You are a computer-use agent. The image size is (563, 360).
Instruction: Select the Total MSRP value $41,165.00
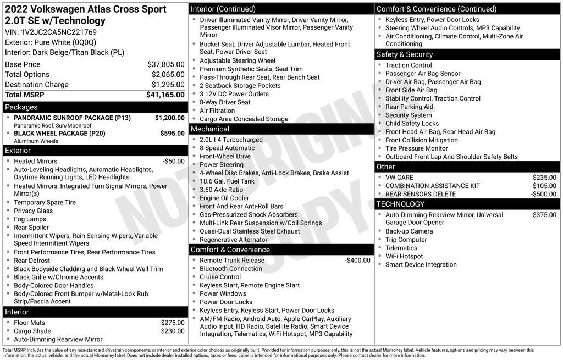tap(165, 95)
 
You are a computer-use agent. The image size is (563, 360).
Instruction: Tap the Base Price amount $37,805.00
tap(165, 64)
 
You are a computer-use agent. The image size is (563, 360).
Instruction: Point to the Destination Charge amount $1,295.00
tap(168, 85)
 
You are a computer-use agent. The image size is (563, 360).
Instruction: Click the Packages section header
tap(21, 107)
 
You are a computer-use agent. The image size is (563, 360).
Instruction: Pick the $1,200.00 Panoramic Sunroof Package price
tap(169, 118)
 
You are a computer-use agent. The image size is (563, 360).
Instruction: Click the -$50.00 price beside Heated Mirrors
tap(174, 162)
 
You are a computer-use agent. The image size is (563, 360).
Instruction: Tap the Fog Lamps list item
tap(30, 219)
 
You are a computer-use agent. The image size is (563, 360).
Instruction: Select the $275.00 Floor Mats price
tap(173, 323)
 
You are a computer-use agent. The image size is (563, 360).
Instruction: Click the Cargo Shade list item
tap(32, 331)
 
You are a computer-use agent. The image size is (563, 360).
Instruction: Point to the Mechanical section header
tap(209, 129)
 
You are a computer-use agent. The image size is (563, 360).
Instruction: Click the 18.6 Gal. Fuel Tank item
tap(227, 181)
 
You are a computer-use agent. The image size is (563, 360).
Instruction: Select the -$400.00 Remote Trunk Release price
tap(357, 261)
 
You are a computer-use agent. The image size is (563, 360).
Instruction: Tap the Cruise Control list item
tap(220, 277)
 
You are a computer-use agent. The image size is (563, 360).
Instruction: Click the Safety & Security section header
tap(405, 54)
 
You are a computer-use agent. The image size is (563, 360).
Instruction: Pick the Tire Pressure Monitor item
tap(416, 148)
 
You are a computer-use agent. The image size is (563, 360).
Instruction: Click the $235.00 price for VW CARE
tap(544, 178)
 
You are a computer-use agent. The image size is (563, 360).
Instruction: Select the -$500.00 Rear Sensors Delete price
tap(543, 194)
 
